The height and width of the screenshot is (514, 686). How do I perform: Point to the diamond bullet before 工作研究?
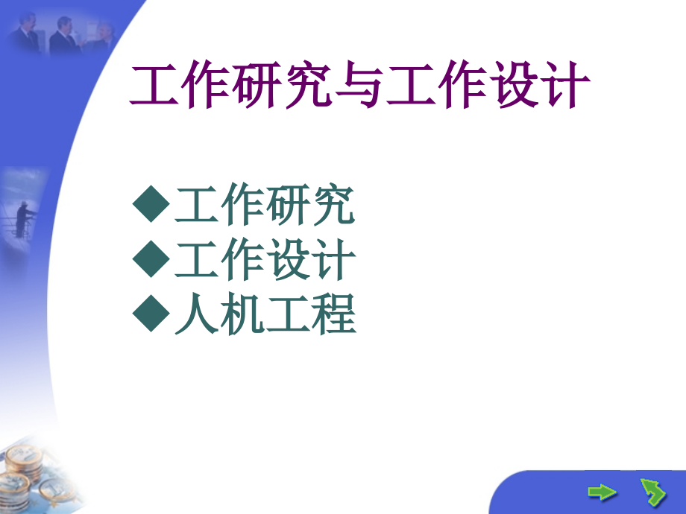[151, 206]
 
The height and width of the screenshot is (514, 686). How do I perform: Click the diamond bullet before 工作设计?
[151, 260]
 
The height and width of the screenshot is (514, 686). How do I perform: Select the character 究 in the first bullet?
[333, 206]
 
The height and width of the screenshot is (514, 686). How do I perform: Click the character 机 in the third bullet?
[242, 314]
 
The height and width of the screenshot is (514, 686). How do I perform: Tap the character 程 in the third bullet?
[333, 314]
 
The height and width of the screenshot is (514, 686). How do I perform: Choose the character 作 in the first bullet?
[242, 206]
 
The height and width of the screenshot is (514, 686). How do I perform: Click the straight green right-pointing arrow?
[602, 492]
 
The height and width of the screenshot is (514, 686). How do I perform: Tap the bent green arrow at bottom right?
[652, 492]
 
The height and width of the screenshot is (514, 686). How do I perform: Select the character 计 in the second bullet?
[333, 261]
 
